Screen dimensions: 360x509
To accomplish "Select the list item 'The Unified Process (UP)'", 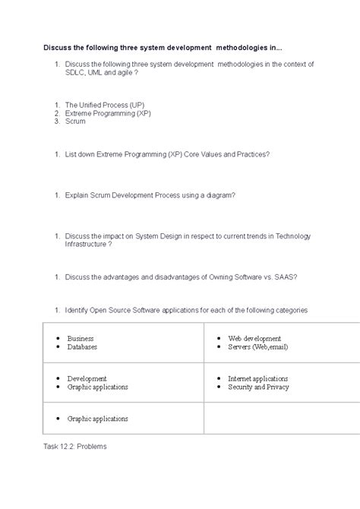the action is (105, 105).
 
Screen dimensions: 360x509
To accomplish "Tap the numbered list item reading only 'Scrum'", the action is (75, 121).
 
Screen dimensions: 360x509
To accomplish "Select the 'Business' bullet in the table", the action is (82, 338).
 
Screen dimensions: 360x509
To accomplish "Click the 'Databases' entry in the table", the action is (83, 346).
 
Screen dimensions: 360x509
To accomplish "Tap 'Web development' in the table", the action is (254, 338).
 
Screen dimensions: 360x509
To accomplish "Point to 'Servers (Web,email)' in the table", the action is (258, 346).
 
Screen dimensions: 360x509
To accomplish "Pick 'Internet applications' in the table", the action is (258, 378).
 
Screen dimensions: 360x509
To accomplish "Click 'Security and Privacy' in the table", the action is (258, 387).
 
